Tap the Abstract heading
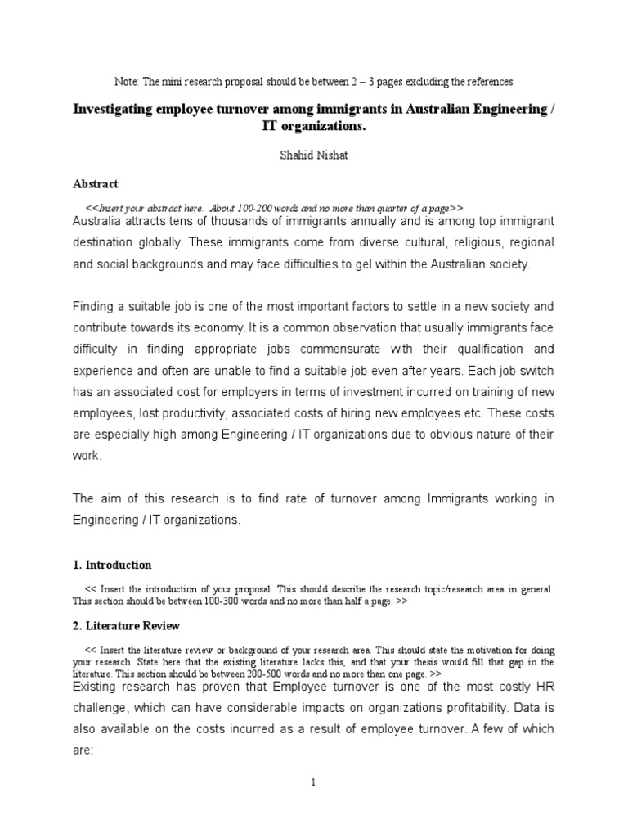pos(96,184)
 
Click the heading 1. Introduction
pos(112,565)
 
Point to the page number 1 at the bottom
pos(314,782)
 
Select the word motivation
pos(486,650)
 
